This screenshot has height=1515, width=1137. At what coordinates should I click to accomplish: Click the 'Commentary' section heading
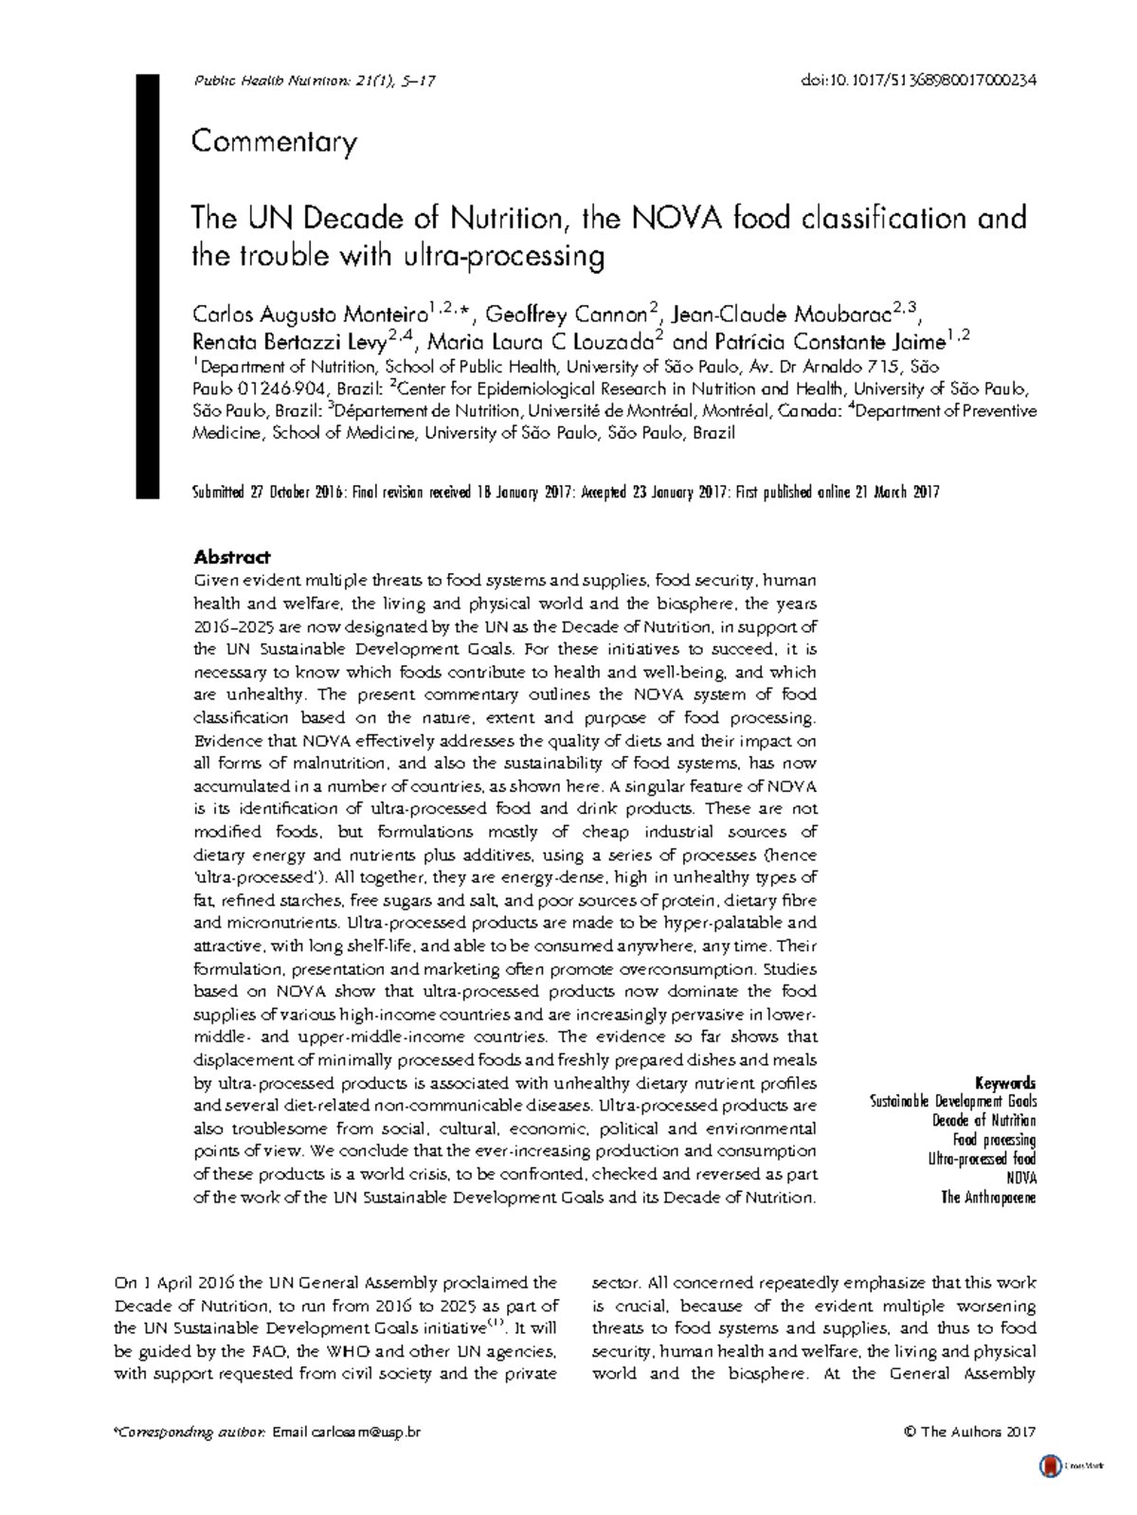(x=274, y=142)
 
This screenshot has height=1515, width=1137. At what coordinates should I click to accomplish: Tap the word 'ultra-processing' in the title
(x=511, y=257)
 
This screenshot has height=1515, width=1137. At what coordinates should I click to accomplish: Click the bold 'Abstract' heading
(x=231, y=557)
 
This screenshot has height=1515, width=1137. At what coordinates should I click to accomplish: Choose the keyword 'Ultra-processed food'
(x=982, y=1159)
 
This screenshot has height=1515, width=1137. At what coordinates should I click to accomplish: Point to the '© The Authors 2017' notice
(x=970, y=1433)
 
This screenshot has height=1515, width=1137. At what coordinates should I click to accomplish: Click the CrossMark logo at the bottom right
(x=1049, y=1467)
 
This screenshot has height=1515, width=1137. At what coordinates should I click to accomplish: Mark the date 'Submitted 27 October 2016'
(x=267, y=493)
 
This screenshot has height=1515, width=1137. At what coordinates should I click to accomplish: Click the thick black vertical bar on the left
(x=147, y=284)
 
